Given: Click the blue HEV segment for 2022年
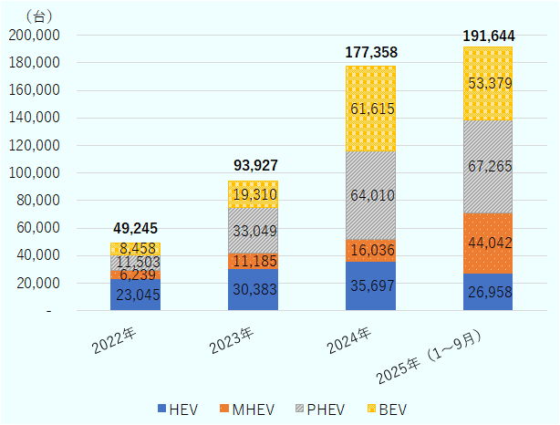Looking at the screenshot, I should (135, 295).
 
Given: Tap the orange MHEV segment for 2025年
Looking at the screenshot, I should (488, 243).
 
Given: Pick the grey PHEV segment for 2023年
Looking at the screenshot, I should (253, 230).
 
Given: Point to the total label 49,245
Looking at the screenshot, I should (135, 228).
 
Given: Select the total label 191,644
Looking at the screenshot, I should (488, 36).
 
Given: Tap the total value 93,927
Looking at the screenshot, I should (253, 165).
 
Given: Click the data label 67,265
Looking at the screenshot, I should (488, 166).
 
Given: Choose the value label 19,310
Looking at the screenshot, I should (253, 194).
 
